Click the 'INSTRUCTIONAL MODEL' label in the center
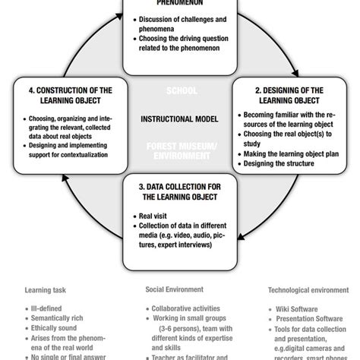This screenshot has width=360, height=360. [179, 119]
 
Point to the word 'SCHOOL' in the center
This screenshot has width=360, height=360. [180, 90]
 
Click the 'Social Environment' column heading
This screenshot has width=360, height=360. [175, 289]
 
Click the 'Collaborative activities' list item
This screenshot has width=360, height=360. [182, 310]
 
